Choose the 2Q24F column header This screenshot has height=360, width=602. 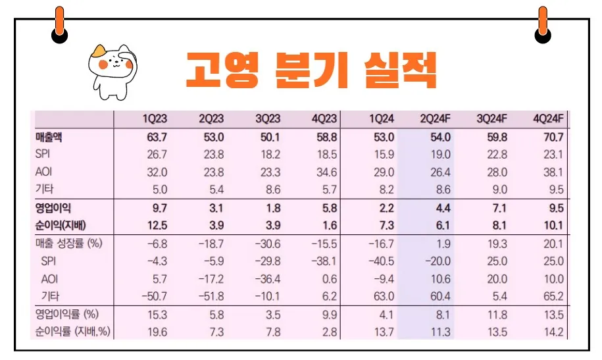click(x=435, y=118)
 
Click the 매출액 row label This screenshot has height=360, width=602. click(x=53, y=138)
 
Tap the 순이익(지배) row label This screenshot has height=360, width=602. click(x=65, y=226)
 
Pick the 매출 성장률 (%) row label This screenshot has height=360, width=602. click(x=70, y=244)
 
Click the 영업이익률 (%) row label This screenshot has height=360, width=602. click(x=70, y=315)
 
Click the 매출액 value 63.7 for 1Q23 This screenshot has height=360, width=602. click(x=157, y=138)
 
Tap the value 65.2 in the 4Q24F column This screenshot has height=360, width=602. click(x=554, y=297)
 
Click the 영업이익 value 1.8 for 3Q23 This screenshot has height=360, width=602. click(x=272, y=208)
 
